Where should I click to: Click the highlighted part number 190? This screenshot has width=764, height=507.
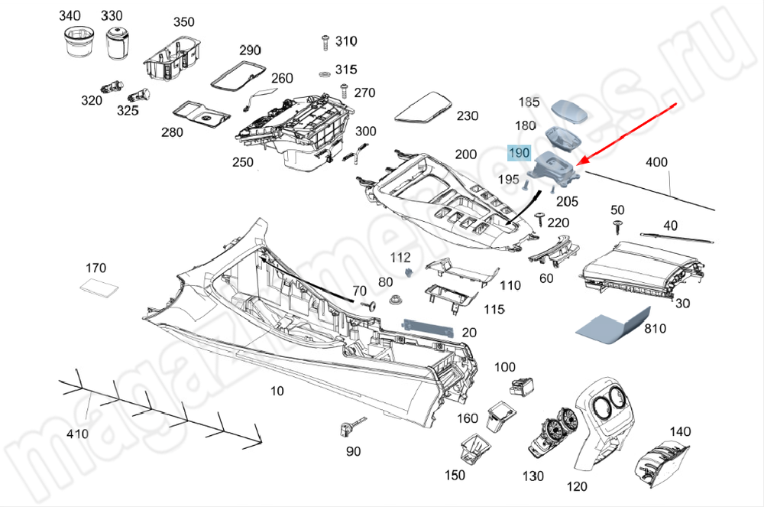pos(519,153)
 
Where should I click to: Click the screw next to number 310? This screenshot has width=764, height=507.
pos(325,41)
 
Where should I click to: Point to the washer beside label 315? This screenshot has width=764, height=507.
pos(324,73)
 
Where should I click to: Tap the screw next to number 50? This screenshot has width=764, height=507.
pos(615,225)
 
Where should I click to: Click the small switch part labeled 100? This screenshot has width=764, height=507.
pos(523,386)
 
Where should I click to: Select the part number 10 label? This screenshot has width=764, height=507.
pos(277,391)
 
